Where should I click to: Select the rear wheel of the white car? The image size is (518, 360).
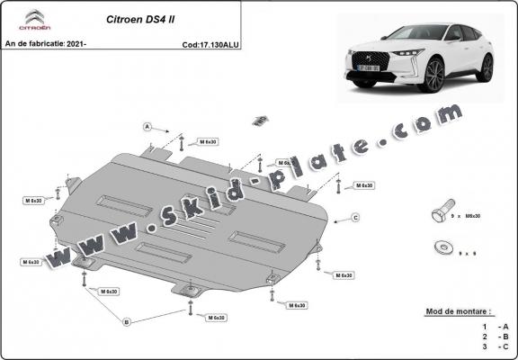click(487, 67)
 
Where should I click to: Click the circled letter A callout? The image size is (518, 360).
click(146, 127)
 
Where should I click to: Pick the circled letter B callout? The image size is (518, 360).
click(127, 321)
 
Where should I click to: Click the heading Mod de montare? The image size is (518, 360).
click(458, 311)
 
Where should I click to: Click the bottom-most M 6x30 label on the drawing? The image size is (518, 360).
click(215, 318)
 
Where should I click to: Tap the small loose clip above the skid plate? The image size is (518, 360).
click(260, 120)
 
